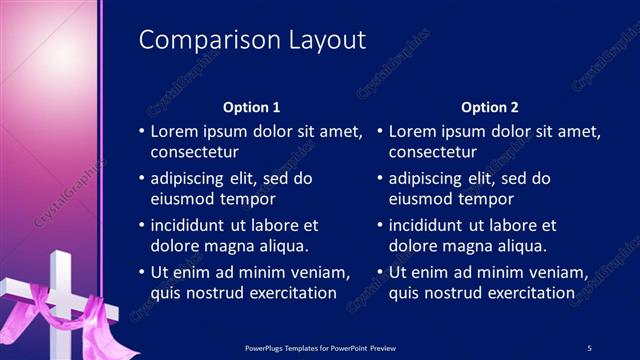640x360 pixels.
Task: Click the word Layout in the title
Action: click(x=323, y=40)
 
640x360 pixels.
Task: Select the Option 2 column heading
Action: click(x=490, y=107)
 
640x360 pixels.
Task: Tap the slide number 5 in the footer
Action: click(x=589, y=347)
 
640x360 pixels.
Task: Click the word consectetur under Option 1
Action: click(x=194, y=153)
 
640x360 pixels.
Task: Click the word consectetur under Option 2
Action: click(x=433, y=153)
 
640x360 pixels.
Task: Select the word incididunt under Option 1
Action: click(x=195, y=225)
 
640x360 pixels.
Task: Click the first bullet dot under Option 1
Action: click(x=141, y=132)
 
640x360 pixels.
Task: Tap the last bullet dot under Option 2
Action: click(x=380, y=272)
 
